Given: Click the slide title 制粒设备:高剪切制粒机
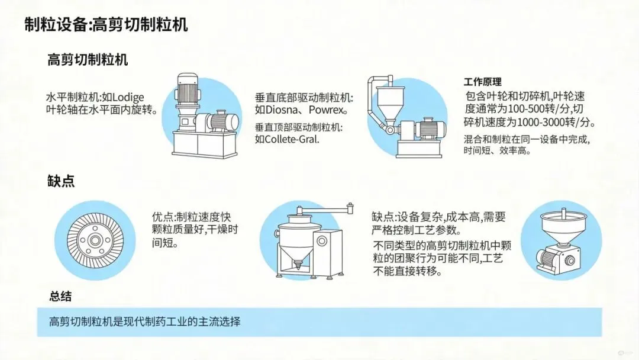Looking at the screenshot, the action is [x=106, y=25].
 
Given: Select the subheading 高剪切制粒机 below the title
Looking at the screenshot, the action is [x=88, y=60].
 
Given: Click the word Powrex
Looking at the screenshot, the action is [x=326, y=110].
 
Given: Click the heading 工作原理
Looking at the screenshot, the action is [x=482, y=82].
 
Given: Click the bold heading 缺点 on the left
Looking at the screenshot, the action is [x=61, y=182].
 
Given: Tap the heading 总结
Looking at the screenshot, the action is [x=61, y=296].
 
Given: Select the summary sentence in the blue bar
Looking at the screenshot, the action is [x=145, y=322].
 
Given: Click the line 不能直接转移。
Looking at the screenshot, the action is [x=408, y=272].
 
